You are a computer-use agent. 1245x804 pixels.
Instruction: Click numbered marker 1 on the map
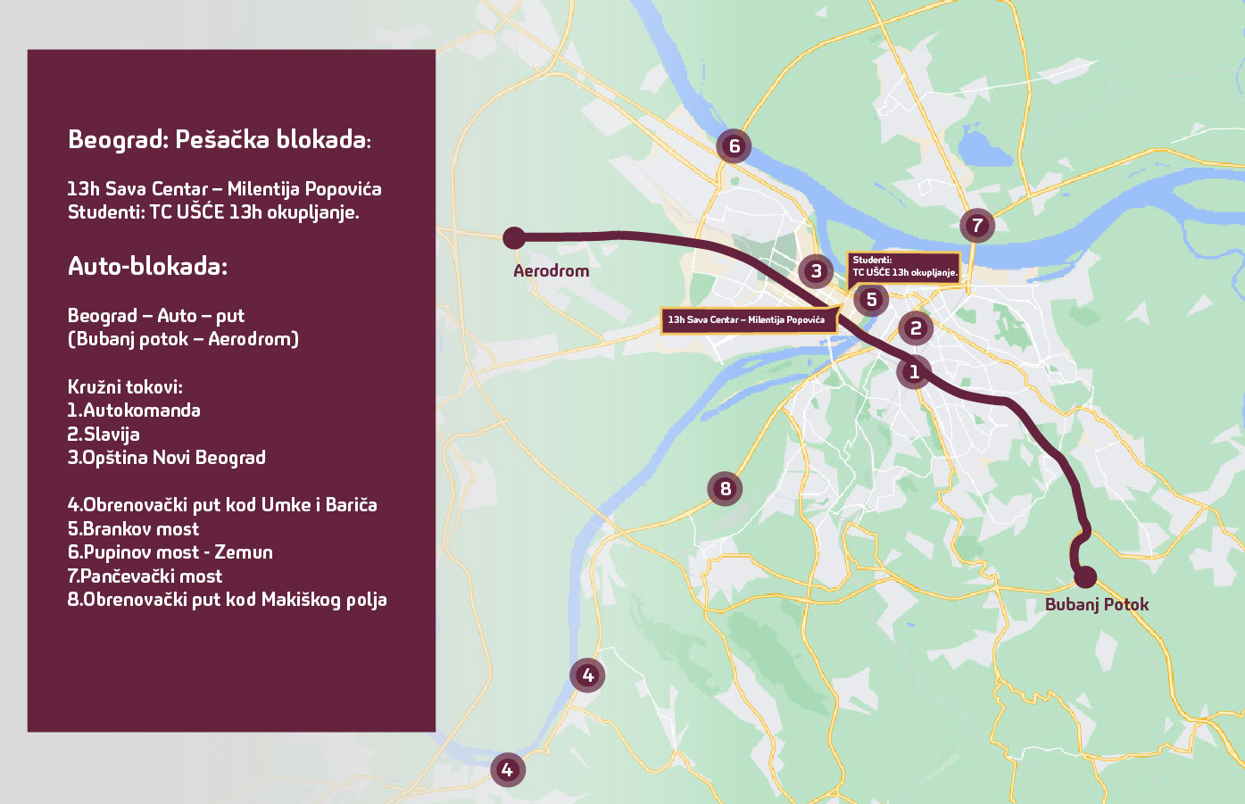[914, 371]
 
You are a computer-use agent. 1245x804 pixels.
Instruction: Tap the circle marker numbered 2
[916, 328]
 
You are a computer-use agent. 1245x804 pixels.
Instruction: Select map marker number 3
[816, 271]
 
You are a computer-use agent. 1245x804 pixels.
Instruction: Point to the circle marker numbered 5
[871, 300]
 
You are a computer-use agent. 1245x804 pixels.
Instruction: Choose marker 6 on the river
[734, 146]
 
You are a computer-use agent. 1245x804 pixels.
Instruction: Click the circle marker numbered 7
[977, 226]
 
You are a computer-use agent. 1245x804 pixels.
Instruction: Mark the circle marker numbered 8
[725, 488]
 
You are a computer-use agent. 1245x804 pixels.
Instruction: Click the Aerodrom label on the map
[551, 270]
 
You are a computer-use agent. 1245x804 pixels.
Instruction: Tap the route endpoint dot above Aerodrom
[514, 237]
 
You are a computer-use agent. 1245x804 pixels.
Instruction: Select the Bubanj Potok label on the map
[1097, 604]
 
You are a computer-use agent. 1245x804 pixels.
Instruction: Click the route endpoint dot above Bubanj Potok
[1085, 576]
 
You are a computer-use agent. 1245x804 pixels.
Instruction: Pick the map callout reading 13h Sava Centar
[747, 319]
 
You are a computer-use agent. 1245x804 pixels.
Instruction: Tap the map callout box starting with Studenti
[904, 266]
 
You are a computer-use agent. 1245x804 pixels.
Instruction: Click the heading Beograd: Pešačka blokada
[219, 140]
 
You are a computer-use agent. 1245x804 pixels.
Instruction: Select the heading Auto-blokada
[147, 266]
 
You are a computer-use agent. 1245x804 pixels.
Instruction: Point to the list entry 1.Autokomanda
[134, 410]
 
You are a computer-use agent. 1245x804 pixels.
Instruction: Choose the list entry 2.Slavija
[104, 435]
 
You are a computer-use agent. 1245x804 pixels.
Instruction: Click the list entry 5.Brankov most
[133, 528]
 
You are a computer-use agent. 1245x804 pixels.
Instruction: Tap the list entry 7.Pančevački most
[145, 576]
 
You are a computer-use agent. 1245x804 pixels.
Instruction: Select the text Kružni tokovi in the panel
[125, 387]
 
